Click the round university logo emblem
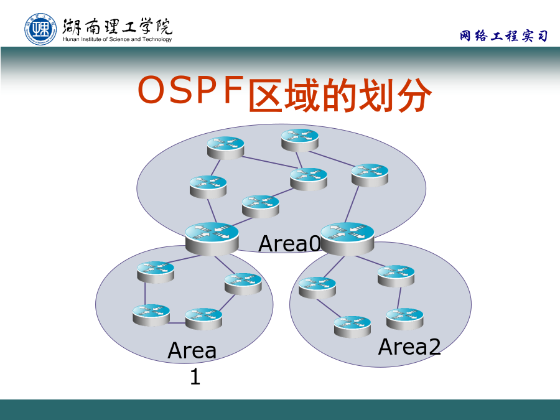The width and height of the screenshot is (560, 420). (40, 29)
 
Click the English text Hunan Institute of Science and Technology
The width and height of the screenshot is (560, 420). (117, 39)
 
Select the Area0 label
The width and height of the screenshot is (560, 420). (289, 243)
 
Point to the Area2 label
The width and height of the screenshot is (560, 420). (409, 347)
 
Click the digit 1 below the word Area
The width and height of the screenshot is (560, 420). (195, 377)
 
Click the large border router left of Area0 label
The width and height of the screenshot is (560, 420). (212, 238)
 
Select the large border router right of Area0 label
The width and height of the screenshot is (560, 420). (347, 238)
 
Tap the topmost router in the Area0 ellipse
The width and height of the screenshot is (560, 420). (300, 141)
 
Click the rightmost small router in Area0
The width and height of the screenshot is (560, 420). (370, 175)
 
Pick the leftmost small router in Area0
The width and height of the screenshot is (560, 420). (208, 187)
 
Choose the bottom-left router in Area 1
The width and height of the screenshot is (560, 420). (151, 315)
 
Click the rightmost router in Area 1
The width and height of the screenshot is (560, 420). (243, 284)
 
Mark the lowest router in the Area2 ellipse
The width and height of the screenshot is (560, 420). (353, 327)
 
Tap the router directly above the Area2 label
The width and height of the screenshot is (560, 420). (404, 319)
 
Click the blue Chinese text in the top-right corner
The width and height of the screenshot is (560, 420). (503, 35)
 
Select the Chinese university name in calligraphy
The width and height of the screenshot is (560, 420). (117, 26)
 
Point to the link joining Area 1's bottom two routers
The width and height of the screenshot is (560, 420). (177, 323)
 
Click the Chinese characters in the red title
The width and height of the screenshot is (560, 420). (340, 95)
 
